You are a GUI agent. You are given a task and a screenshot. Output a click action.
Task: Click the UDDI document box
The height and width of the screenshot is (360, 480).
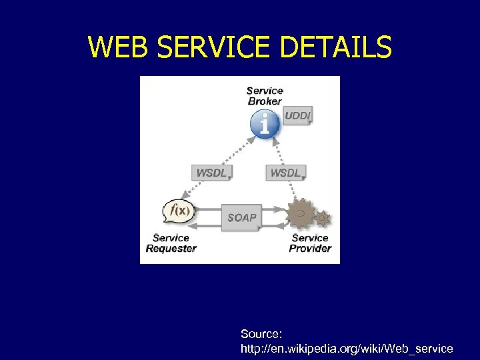pos(297,115)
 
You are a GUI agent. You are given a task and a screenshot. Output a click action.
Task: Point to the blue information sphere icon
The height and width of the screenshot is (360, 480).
pos(265,124)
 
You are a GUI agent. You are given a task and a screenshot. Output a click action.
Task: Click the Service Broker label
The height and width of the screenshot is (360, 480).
pos(265,95)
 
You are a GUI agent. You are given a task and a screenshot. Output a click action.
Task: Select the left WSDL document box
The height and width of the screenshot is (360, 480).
pos(212,173)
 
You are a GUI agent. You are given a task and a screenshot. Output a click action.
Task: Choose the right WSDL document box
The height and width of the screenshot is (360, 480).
pos(285,173)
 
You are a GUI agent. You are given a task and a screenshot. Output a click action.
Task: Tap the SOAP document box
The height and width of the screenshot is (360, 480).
pos(241,217)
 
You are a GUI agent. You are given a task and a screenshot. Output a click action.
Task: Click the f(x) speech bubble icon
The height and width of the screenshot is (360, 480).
pos(178,211)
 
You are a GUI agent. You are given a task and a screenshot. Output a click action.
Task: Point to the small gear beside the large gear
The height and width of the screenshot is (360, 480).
pos(323,217)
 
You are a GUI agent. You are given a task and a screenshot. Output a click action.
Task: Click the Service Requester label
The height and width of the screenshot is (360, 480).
pos(171,243)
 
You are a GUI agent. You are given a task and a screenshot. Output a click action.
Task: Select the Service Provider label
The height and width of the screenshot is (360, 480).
pos(310,243)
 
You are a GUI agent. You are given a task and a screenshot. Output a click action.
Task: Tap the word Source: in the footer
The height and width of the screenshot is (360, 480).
pos(262,333)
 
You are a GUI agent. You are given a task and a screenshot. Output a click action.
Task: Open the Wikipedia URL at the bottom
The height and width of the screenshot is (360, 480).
pos(347,348)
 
